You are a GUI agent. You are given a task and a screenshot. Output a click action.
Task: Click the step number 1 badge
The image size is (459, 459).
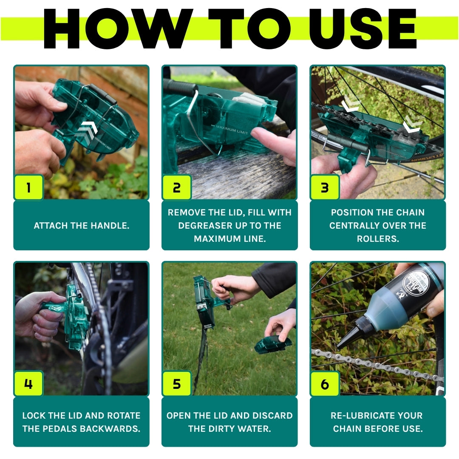point(28,187)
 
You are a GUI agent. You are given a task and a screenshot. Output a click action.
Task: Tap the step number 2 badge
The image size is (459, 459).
point(177,187)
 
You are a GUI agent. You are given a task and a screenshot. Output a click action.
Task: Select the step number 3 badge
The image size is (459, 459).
point(325,187)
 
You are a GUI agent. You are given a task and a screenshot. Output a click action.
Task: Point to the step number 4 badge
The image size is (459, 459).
point(28,384)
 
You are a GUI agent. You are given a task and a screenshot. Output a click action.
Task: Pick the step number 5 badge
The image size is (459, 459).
point(177,384)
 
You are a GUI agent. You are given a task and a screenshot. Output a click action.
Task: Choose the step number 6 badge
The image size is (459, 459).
point(325,384)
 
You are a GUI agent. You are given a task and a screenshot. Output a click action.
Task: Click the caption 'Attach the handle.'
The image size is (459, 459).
point(81,226)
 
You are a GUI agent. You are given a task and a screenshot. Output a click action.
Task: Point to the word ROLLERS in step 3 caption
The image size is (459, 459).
point(377,238)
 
